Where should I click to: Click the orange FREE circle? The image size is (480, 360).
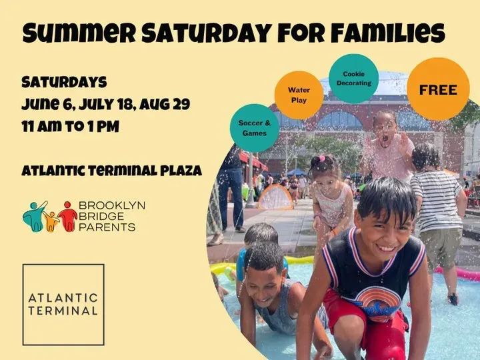tap(438, 89)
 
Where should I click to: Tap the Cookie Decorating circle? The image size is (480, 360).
tap(353, 79)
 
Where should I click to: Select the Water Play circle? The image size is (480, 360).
tap(299, 95)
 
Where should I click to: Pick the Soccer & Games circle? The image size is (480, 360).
tap(255, 128)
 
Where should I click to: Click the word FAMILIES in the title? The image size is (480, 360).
tap(388, 33)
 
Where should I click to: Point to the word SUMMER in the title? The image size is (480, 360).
tap(79, 33)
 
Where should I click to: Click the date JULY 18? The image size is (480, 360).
tap(106, 105)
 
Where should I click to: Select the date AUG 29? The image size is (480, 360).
tap(165, 105)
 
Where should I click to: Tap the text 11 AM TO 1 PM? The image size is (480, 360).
tap(71, 127)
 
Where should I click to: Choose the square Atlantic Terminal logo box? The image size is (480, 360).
tap(63, 305)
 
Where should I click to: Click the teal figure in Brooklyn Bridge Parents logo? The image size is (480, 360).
tap(34, 216)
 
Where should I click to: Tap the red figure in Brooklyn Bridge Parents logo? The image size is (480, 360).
tap(68, 217)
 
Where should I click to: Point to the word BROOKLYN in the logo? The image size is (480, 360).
tap(112, 205)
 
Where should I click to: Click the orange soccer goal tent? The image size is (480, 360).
tap(275, 197)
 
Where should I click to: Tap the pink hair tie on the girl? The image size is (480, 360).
tap(321, 159)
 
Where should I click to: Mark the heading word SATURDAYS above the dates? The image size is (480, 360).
tap(64, 82)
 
